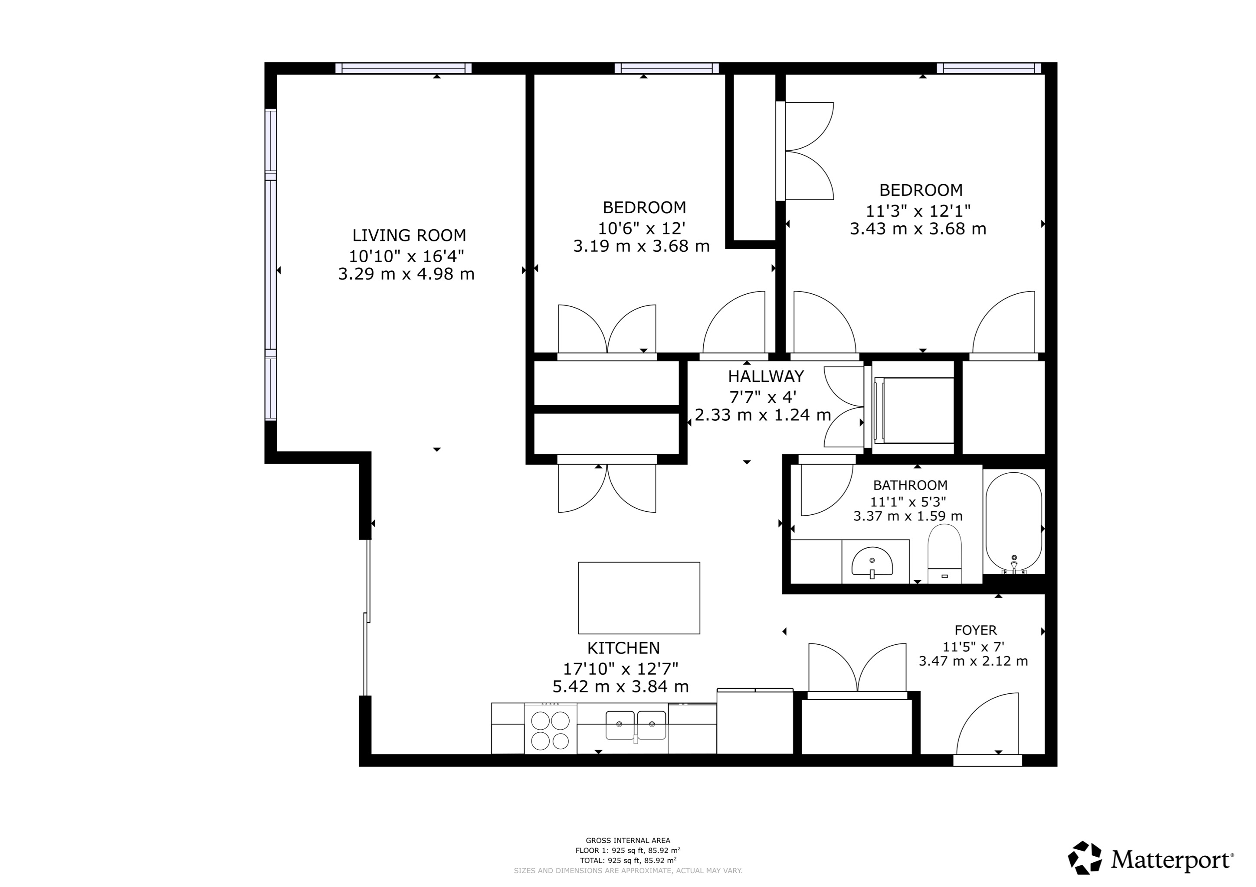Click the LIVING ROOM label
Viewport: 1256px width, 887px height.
pos(409,236)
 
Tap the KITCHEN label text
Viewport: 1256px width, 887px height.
pos(623,648)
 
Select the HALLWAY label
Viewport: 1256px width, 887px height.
pos(765,377)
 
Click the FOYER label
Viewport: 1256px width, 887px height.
pos(975,630)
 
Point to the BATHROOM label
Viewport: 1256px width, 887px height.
pos(910,485)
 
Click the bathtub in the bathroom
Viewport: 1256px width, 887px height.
pos(1013,522)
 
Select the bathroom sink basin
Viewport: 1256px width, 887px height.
pos(872,562)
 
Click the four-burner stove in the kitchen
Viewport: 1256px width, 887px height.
pos(550,731)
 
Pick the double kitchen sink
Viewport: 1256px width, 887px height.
pos(635,725)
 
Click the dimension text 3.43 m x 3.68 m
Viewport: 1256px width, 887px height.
pos(918,229)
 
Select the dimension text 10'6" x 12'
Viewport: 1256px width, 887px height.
pos(641,228)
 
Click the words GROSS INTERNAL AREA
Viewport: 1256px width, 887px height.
pos(627,841)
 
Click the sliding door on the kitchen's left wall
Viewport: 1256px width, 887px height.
pos(367,617)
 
